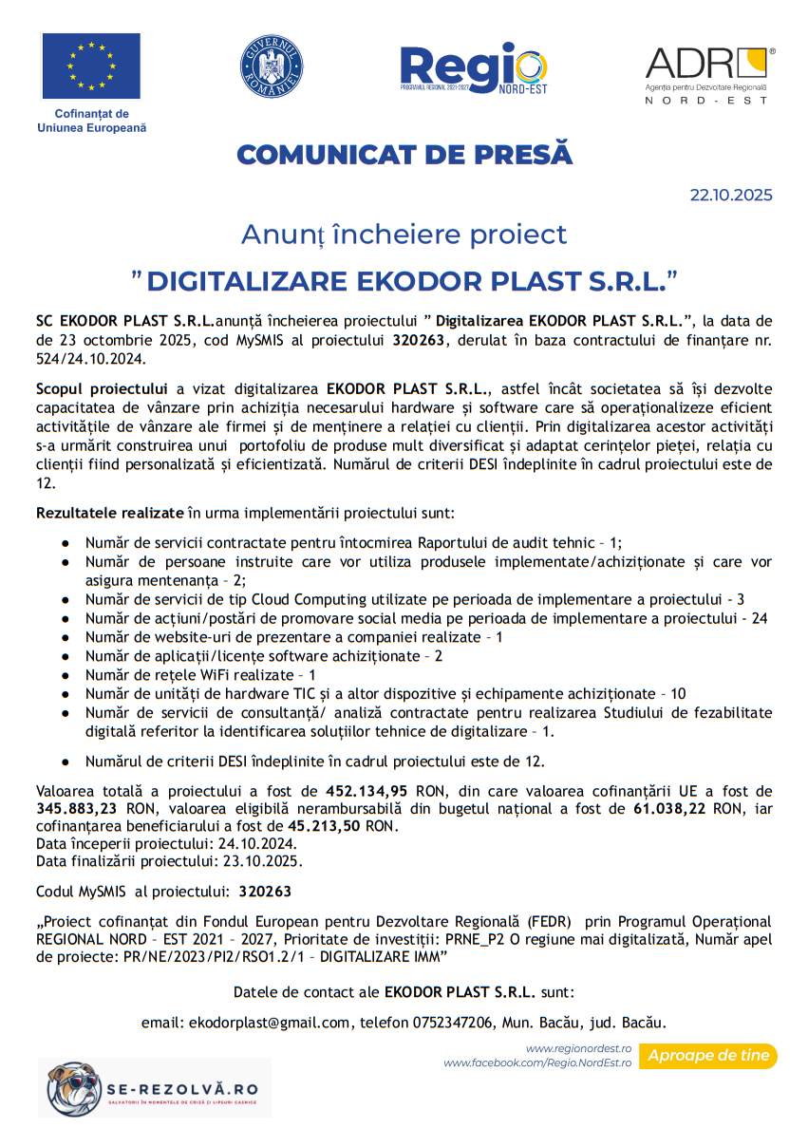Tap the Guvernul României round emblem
tap(271, 66)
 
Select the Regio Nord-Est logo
tap(473, 67)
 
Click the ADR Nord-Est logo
tap(710, 74)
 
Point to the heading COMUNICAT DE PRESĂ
tap(404, 154)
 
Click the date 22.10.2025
tap(730, 196)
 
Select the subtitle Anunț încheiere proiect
tap(404, 234)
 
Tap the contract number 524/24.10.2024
tap(90, 361)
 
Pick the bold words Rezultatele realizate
tap(109, 513)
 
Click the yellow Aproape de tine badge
tap(707, 1056)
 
